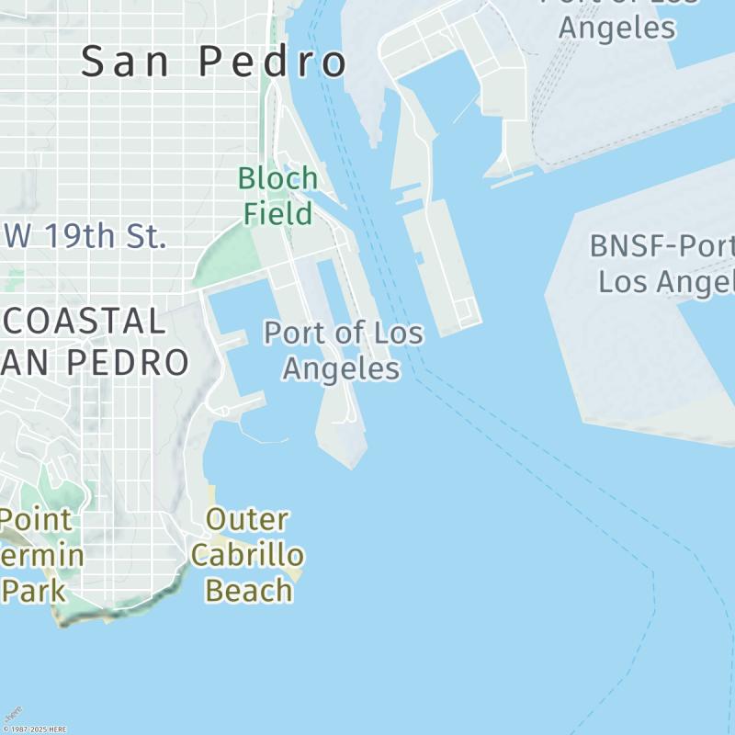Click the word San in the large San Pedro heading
128,62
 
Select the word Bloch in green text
277,178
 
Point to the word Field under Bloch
277,213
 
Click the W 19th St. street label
85,236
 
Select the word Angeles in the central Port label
341,368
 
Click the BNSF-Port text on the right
661,246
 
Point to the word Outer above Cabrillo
246,519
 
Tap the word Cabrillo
246,555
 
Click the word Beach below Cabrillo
248,590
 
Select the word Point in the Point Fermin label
37,520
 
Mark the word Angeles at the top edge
616,27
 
